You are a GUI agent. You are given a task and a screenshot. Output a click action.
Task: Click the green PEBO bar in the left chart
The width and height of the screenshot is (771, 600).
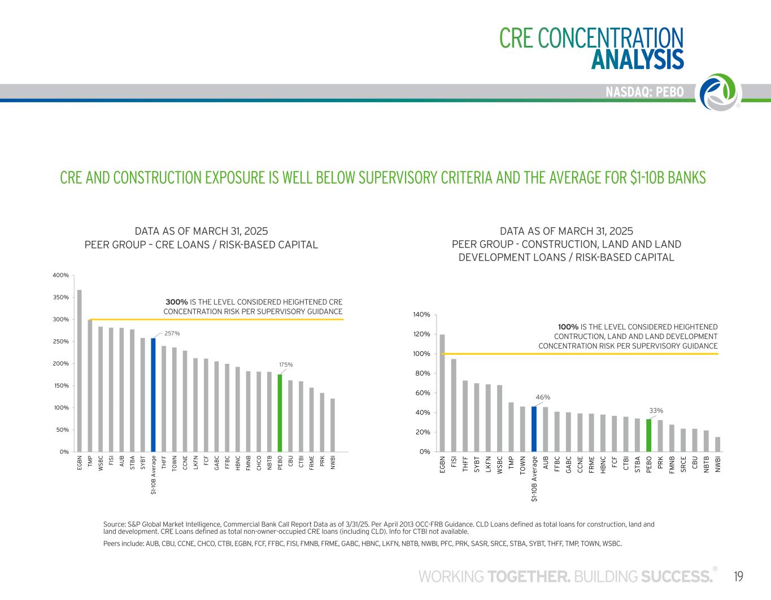[x=280, y=413]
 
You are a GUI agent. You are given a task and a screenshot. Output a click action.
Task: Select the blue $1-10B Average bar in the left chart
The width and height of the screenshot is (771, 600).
[x=153, y=395]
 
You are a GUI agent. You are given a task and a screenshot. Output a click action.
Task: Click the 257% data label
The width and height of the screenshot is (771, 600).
[x=172, y=333]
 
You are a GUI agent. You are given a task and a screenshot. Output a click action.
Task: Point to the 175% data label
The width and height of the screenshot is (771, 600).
[x=286, y=364]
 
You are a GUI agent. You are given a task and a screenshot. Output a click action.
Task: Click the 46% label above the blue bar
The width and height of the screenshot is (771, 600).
[x=542, y=397]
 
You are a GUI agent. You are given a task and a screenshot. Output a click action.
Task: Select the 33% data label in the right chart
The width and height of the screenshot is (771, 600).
[x=656, y=410]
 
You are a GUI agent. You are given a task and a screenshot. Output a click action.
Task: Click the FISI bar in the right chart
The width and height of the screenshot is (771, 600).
[x=454, y=405]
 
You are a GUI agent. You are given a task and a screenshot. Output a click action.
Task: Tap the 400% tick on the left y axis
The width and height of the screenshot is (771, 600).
[x=60, y=275]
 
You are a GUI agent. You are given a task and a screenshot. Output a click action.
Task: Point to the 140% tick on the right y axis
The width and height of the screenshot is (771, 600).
[x=422, y=314]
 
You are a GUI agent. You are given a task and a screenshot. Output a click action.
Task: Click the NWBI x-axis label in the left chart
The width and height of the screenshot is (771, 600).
[x=333, y=463]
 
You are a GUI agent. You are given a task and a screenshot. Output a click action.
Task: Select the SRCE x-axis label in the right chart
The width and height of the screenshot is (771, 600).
[x=683, y=464]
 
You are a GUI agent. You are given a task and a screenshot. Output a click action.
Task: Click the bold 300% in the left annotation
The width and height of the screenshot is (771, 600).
[x=176, y=302]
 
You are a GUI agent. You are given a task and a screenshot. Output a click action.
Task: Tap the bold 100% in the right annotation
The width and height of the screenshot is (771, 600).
[x=568, y=327]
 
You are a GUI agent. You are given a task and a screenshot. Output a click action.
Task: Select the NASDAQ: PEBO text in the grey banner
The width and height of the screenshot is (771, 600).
[x=644, y=92]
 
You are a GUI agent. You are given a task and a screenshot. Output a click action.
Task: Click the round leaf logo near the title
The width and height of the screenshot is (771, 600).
[x=720, y=92]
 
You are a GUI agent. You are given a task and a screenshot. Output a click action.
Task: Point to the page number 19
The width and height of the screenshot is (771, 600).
[x=738, y=576]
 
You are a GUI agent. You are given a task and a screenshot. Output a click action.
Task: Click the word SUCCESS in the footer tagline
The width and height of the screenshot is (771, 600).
[x=676, y=576]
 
